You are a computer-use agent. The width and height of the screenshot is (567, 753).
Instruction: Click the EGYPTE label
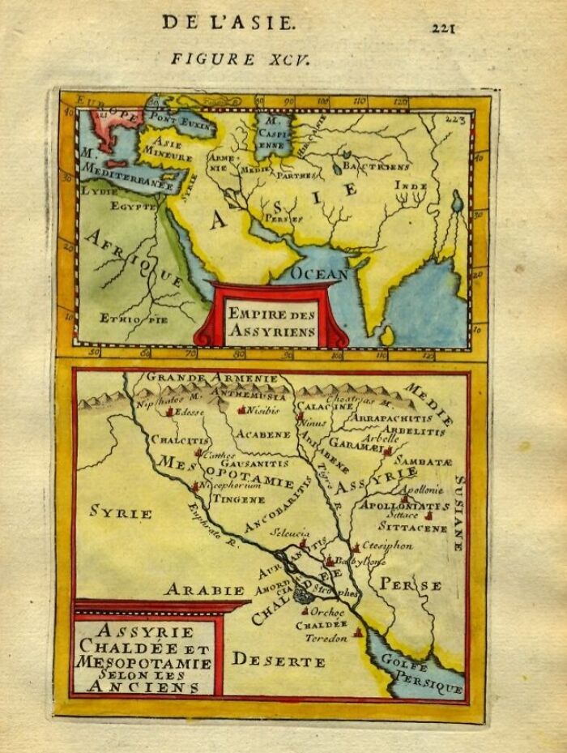133,208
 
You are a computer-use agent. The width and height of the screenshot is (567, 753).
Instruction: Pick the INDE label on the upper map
411,186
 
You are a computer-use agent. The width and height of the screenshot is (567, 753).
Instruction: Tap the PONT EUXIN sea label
188,126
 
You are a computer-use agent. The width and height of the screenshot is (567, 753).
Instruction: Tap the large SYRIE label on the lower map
121,513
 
